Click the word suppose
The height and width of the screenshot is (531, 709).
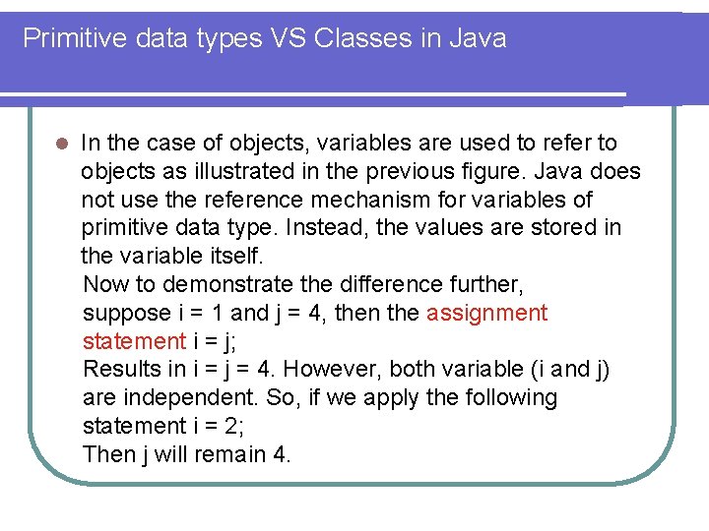pyautogui.click(x=126, y=313)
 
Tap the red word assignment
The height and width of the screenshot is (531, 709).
pyautogui.click(x=486, y=313)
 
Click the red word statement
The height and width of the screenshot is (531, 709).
pyautogui.click(x=133, y=341)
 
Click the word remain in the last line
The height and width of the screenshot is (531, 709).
pyautogui.click(x=223, y=454)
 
